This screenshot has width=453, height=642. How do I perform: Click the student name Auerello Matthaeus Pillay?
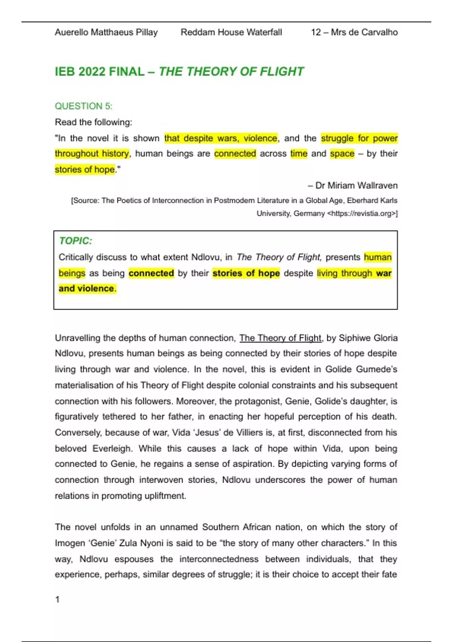(106, 32)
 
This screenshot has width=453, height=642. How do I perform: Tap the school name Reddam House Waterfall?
(231, 32)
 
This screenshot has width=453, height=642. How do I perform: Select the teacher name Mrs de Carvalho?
(364, 32)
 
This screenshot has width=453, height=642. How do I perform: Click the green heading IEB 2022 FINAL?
(100, 72)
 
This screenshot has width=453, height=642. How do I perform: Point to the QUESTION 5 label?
(83, 106)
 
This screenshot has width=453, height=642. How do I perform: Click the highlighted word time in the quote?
(299, 154)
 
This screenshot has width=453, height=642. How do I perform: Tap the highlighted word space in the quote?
(342, 154)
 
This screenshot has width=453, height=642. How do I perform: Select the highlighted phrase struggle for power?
(359, 138)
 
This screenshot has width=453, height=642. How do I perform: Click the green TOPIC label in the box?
(75, 241)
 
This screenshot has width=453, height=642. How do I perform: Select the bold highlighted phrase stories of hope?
(246, 273)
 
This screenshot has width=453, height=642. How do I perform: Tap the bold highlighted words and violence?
(86, 289)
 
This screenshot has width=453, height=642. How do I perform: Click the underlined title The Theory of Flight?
(280, 338)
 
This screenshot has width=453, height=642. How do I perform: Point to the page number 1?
(57, 599)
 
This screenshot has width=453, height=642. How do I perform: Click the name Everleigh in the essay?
(112, 449)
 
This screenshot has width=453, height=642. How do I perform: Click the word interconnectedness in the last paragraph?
(219, 559)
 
